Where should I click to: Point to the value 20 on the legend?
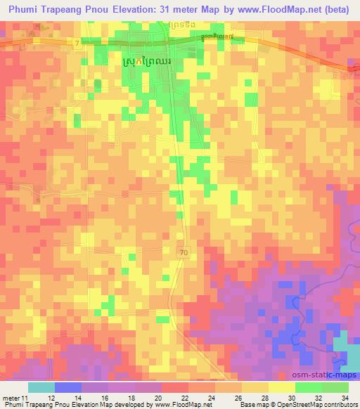click(x=157, y=398)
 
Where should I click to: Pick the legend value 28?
click(x=264, y=398)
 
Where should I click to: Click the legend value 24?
click(x=210, y=398)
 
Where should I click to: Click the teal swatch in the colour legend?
click(x=41, y=387)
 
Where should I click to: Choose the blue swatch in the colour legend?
click(x=68, y=387)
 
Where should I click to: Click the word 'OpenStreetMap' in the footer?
click(x=281, y=405)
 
